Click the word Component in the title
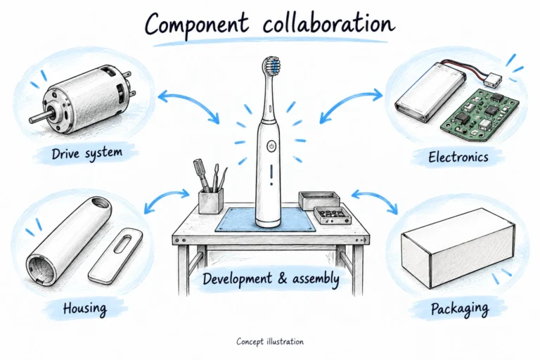point(196,25)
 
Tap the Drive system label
point(87,153)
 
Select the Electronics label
point(458,157)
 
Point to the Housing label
point(84,308)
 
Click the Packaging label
point(460,309)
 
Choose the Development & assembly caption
point(271,278)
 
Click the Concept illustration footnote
point(270,342)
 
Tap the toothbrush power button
point(271,146)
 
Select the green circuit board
point(480,115)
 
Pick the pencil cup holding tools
point(210,200)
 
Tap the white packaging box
point(458,247)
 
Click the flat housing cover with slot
point(116,255)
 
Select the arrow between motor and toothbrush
point(188,103)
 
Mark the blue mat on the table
point(266,220)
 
